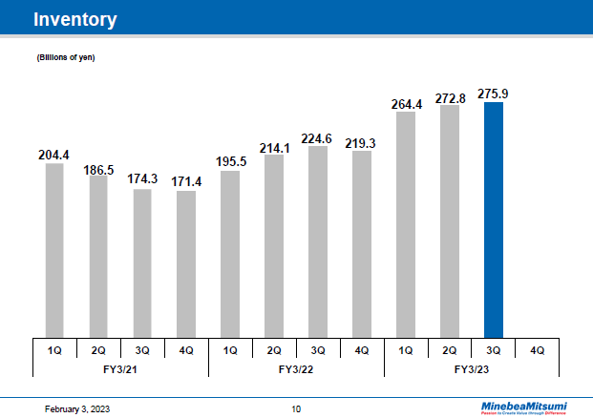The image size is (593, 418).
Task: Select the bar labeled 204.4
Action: [53, 250]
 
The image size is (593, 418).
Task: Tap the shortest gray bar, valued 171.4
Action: [185, 264]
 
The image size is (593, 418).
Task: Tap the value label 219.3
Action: [361, 143]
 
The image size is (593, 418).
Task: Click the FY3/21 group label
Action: [119, 368]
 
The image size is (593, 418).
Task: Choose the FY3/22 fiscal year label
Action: [295, 368]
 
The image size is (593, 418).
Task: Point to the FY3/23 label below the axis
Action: [471, 368]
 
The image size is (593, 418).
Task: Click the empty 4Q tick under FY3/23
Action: [537, 350]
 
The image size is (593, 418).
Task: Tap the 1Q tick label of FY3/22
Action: [229, 350]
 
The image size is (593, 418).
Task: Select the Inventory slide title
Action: [75, 19]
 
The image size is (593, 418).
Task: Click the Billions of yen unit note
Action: [66, 59]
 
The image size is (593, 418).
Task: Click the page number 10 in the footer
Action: [296, 408]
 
